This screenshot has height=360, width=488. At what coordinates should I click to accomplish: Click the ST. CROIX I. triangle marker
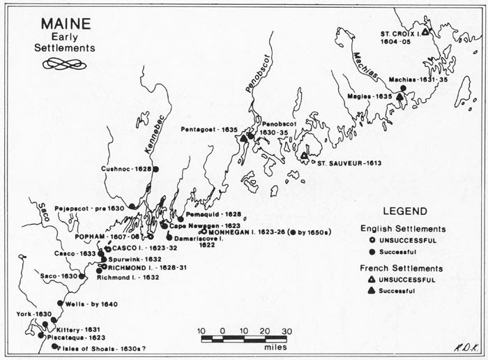pos(425,31)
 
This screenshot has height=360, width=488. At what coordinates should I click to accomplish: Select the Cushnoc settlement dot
pos(156,170)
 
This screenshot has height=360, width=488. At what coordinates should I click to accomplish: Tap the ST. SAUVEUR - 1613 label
pos(346,163)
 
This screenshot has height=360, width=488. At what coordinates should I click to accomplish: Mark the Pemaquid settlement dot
pos(181,219)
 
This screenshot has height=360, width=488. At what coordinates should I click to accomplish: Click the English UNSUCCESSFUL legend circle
pos(372,240)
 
